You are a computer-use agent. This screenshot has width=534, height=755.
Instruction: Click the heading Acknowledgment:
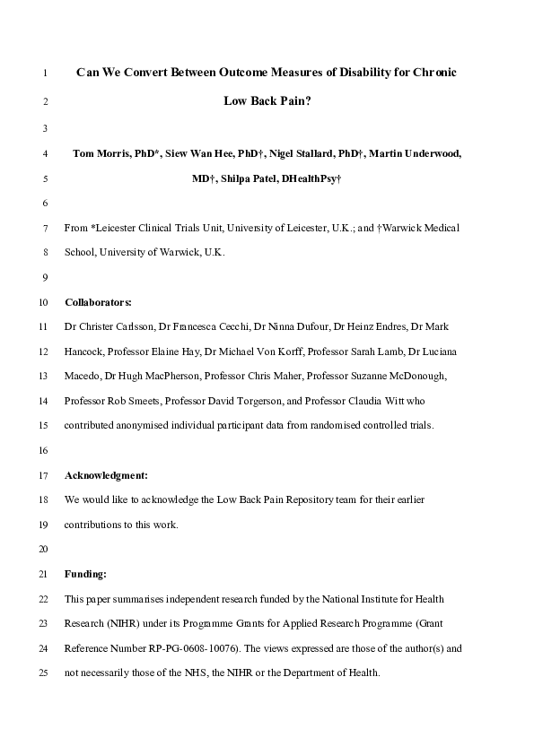coord(106,474)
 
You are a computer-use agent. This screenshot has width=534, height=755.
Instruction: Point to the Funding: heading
coord(85,573)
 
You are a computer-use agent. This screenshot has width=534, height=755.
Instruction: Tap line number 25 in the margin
coord(44,672)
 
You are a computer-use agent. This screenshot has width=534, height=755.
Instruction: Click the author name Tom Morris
coord(100,153)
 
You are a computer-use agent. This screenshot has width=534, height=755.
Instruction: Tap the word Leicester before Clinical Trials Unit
coord(127,228)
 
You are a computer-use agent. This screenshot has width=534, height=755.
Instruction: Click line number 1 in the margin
coord(44,72)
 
